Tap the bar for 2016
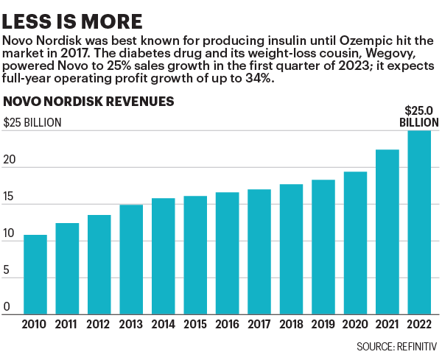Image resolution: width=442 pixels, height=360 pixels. [x=227, y=253]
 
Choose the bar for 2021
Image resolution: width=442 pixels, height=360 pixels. [x=387, y=232]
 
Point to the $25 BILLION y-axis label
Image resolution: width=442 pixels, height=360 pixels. [x=33, y=123]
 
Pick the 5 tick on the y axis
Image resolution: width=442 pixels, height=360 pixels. [x=7, y=270]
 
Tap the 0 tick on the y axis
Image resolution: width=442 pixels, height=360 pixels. [x=7, y=306]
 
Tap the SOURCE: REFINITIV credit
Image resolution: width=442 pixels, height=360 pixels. [x=397, y=345]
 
